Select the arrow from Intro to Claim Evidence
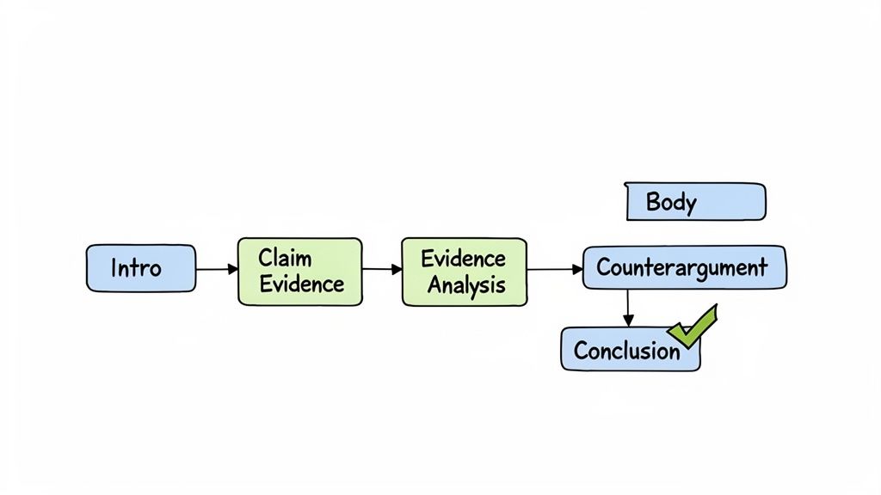(216, 270)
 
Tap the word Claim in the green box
(285, 258)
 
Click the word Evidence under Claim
(301, 284)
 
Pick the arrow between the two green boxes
(382, 270)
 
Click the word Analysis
(466, 285)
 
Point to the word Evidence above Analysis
(463, 258)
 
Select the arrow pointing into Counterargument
(555, 270)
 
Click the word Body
(671, 203)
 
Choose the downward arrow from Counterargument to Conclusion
(628, 308)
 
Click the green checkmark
(695, 324)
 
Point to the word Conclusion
(626, 351)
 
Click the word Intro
(136, 268)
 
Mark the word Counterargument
(681, 267)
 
